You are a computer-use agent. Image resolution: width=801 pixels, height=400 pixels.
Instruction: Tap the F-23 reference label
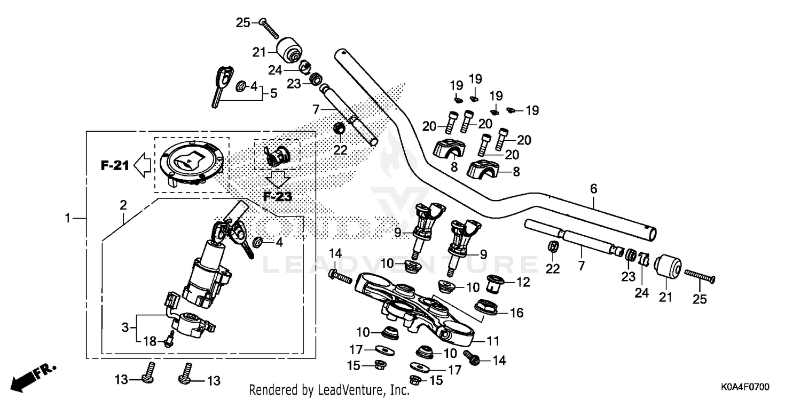click(278, 196)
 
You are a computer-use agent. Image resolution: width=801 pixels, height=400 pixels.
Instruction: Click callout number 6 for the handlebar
click(593, 188)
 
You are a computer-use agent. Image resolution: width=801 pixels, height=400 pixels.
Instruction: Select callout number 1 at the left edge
click(68, 218)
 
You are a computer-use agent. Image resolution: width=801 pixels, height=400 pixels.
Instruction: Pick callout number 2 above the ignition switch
click(123, 204)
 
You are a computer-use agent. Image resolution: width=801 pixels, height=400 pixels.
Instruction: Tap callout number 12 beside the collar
click(523, 282)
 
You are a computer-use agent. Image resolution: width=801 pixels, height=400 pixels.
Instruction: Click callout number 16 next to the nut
click(517, 313)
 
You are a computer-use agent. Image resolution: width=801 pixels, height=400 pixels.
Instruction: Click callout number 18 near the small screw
click(151, 341)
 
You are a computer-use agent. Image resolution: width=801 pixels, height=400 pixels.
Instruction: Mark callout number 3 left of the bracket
click(125, 327)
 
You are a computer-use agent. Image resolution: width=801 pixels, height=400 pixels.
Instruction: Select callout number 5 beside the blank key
click(273, 93)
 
